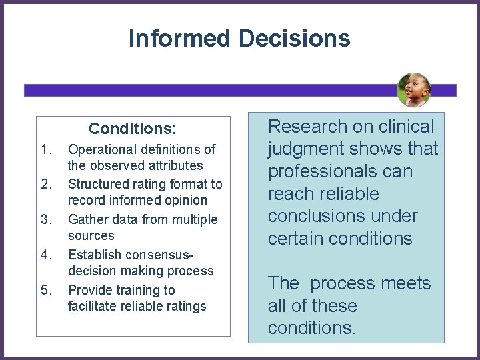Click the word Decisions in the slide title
click(x=294, y=39)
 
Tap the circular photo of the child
click(x=414, y=90)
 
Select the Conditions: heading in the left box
click(x=133, y=128)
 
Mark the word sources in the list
click(x=91, y=236)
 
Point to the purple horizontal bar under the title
click(x=200, y=90)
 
